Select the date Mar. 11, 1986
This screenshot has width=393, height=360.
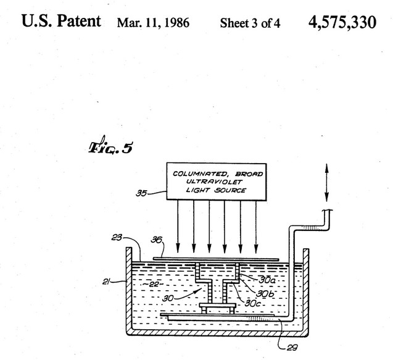152,23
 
